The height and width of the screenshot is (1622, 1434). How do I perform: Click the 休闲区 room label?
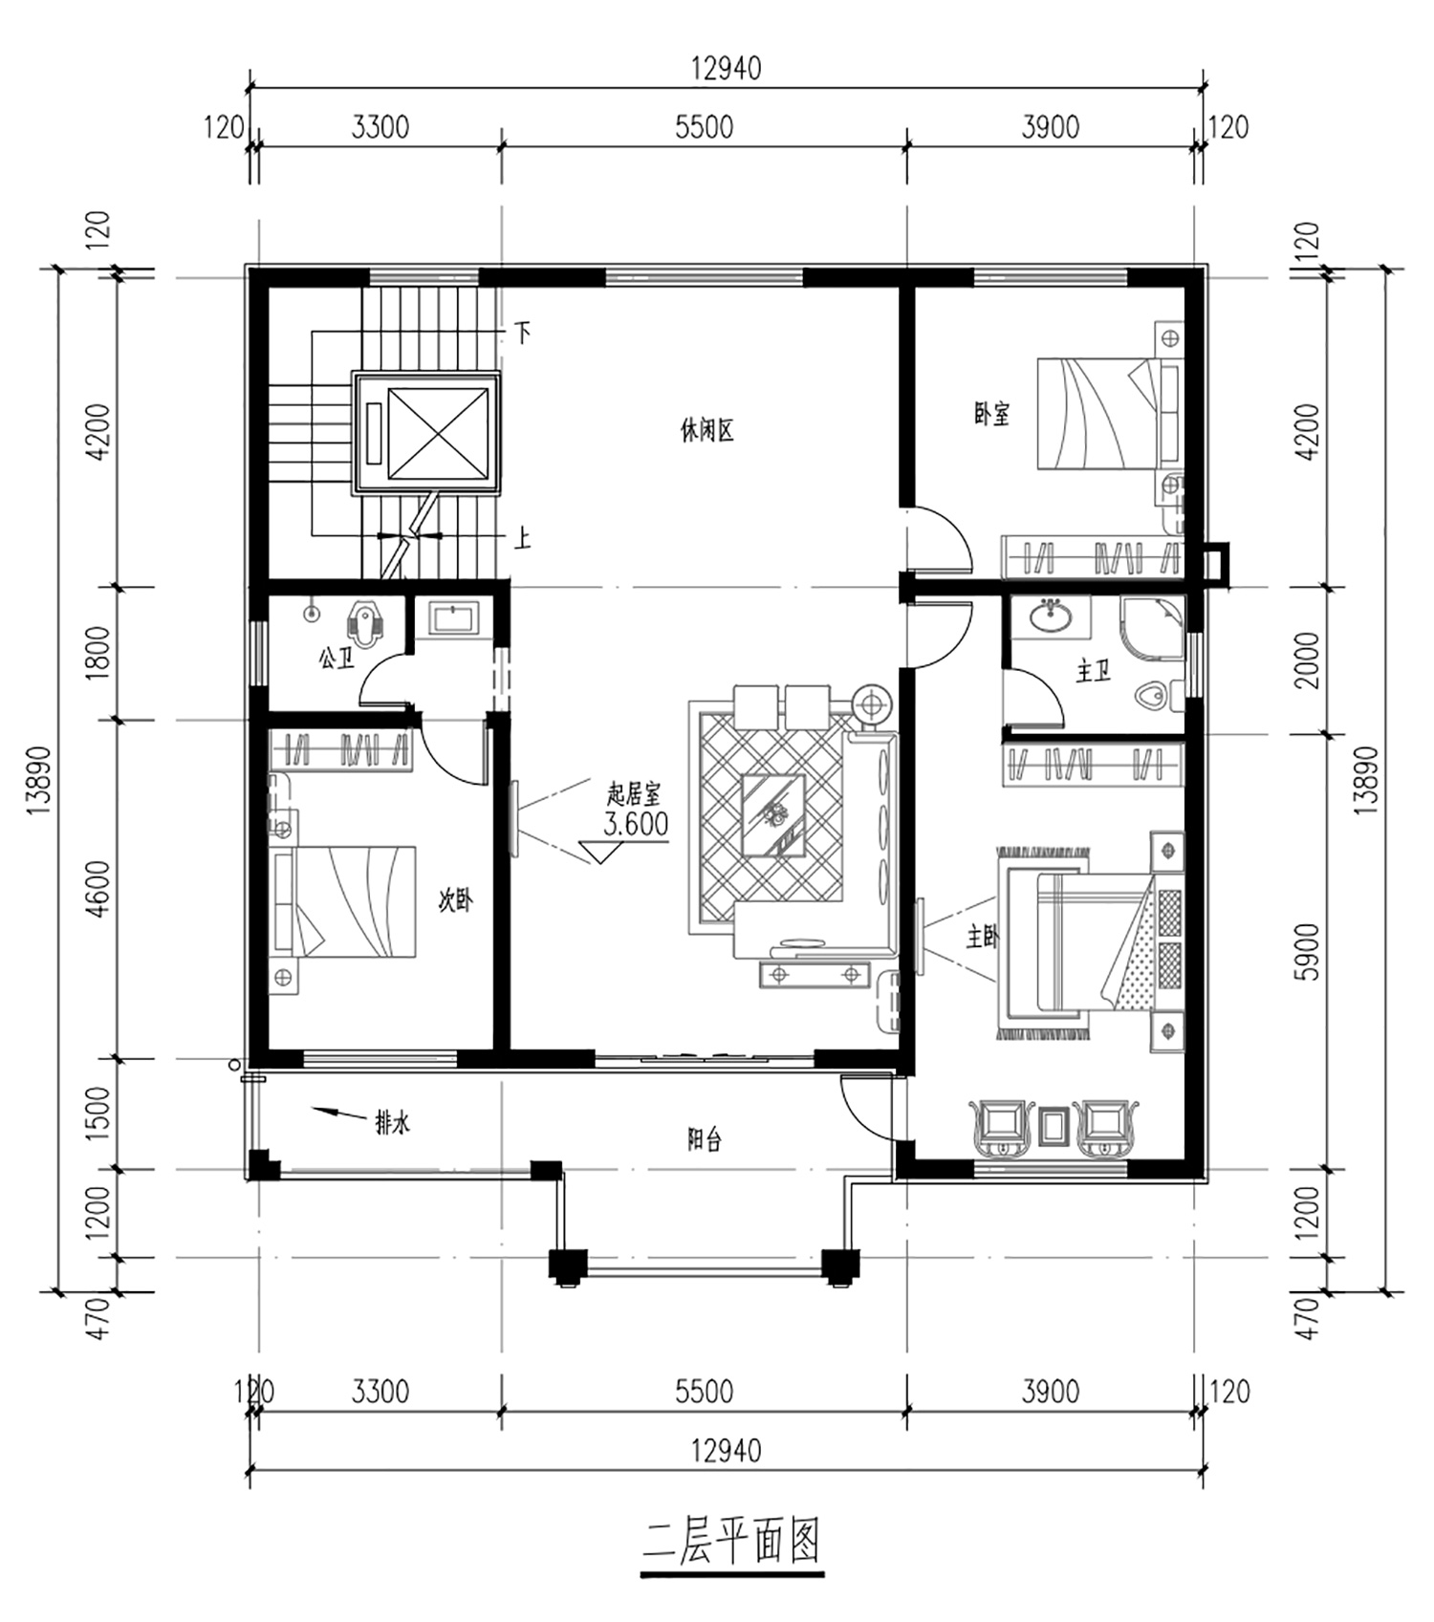(x=706, y=431)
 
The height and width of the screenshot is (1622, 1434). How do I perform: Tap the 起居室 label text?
(x=634, y=793)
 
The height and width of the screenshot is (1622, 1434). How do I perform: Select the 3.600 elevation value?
(x=636, y=824)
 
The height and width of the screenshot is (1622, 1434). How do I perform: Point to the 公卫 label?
(x=337, y=658)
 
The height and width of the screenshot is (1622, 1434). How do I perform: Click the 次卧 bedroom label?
(x=455, y=899)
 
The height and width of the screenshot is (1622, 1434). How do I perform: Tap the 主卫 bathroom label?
(x=1093, y=672)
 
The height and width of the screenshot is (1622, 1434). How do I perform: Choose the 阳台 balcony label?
(x=705, y=1139)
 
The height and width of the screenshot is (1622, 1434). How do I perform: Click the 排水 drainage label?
(x=392, y=1122)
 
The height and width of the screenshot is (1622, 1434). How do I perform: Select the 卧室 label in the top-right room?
(x=992, y=414)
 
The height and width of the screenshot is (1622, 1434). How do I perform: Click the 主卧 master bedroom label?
(x=982, y=937)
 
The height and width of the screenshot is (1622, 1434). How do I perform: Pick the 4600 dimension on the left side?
(x=99, y=889)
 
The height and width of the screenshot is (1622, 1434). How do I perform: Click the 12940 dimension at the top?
(x=727, y=69)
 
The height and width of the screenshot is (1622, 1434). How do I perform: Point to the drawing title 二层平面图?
(x=732, y=1542)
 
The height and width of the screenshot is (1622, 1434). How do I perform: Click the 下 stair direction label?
(x=522, y=333)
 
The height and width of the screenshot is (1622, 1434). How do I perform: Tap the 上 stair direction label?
(x=522, y=539)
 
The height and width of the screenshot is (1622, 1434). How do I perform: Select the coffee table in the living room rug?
(x=773, y=816)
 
